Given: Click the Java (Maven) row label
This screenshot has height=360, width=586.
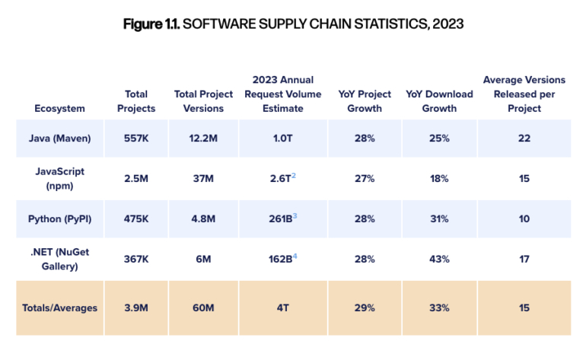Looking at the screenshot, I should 59,138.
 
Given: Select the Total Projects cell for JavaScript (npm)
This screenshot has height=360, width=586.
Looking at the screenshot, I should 136,178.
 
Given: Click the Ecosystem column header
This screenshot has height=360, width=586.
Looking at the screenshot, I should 59,108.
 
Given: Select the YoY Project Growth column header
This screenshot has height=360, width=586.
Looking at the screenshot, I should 365,101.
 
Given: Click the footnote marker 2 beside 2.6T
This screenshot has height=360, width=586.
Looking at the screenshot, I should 294,176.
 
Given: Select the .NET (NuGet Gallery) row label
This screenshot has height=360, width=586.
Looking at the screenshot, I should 59,260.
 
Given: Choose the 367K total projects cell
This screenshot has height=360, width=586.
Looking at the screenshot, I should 136,260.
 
